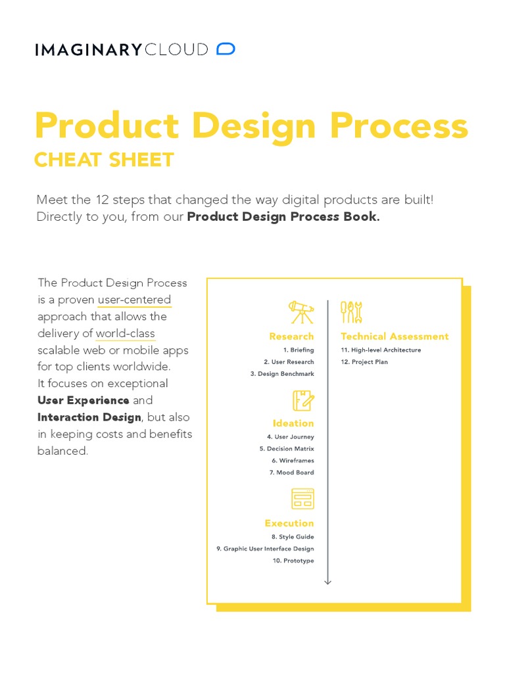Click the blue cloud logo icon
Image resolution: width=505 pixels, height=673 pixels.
[226, 49]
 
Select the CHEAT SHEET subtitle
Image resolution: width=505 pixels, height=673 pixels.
[104, 160]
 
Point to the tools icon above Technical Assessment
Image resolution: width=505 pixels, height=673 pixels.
[352, 312]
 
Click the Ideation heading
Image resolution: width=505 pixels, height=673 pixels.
[293, 423]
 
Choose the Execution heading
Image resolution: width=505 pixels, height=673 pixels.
[289, 523]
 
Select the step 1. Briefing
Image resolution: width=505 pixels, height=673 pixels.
[299, 350]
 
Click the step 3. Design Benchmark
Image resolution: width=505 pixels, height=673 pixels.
[282, 374]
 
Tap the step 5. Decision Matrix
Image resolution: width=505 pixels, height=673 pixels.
[287, 449]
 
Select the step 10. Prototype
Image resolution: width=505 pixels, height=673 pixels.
[293, 561]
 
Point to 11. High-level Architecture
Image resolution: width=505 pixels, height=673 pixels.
[381, 350]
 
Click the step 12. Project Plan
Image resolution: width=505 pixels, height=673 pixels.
[364, 362]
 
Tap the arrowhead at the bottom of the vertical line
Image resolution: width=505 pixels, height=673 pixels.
[328, 582]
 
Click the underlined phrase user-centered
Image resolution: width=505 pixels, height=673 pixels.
[134, 300]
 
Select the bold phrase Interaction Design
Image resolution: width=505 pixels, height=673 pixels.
[89, 417]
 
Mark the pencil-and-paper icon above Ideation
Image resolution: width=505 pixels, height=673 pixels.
[303, 400]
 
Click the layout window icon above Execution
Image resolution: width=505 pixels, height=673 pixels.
[302, 499]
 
